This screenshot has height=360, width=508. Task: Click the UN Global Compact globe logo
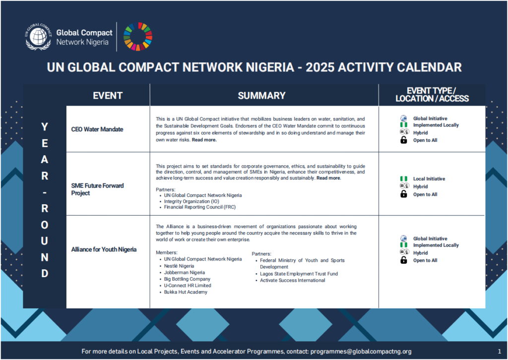[39, 37]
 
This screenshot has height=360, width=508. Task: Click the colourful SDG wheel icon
[138, 37]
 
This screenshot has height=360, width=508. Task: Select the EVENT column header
[108, 96]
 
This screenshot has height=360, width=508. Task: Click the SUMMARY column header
[261, 96]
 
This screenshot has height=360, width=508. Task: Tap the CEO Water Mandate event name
[97, 129]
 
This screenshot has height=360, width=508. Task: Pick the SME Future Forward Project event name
[98, 189]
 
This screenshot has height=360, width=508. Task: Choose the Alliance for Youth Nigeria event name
[104, 249]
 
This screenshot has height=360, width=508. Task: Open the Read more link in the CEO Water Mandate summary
[204, 140]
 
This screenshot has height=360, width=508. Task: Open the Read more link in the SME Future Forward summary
[328, 178]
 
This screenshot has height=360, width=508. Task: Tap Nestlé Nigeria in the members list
[179, 266]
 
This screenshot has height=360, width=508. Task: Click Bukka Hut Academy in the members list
[186, 292]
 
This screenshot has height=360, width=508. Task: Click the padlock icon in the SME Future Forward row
[404, 194]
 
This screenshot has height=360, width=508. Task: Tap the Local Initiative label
[429, 179]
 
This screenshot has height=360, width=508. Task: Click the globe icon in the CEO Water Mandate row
[404, 119]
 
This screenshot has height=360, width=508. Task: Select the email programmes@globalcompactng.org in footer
[361, 351]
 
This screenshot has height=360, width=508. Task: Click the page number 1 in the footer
[499, 351]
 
